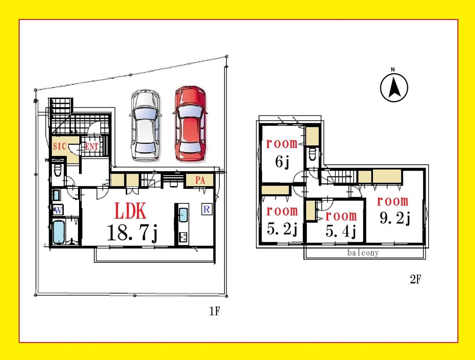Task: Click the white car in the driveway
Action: (145, 125)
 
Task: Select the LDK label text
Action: (130, 210)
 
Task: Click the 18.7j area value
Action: (132, 233)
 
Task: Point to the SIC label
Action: (59, 146)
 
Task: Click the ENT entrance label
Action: (92, 147)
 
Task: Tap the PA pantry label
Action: (200, 180)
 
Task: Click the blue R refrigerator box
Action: (207, 209)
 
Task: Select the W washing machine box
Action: (58, 210)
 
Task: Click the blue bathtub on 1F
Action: (59, 232)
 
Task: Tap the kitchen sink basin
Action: (183, 215)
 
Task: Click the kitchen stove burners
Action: (183, 237)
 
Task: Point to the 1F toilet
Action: (58, 170)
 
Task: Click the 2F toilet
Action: (312, 154)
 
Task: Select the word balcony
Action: (363, 253)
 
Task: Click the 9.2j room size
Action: (395, 218)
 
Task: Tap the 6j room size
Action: (282, 162)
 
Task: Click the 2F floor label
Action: (415, 279)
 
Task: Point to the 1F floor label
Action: (214, 311)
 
